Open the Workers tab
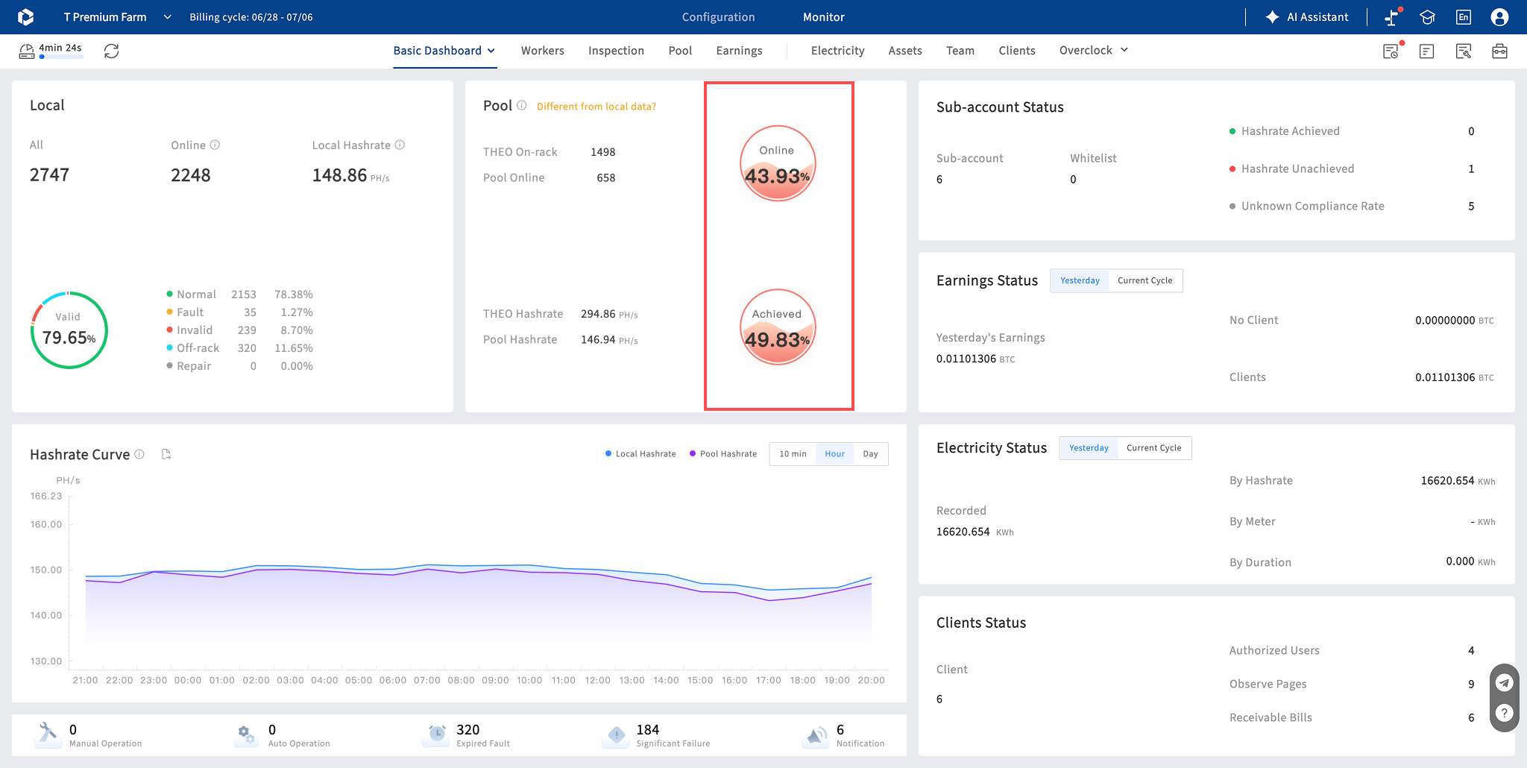(542, 51)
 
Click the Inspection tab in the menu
(616, 51)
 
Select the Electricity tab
(837, 51)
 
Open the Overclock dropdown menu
(1093, 51)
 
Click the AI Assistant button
(1307, 17)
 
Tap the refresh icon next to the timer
(111, 51)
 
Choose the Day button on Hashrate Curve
(870, 454)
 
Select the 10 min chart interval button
(793, 454)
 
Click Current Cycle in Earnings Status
(1145, 281)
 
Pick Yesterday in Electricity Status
(1089, 448)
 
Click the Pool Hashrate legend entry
(722, 454)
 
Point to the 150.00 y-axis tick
(46, 570)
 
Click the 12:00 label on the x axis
(598, 680)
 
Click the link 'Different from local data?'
(596, 107)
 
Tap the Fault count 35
(250, 312)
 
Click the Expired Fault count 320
(468, 730)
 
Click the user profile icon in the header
(1499, 17)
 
